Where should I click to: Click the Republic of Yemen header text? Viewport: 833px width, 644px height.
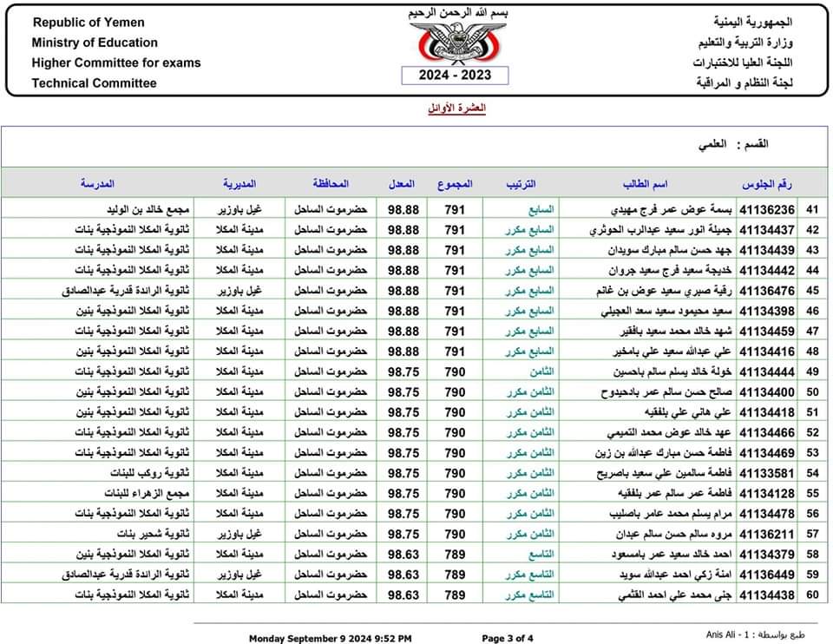pyautogui.click(x=88, y=23)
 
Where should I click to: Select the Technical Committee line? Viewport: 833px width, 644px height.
pyautogui.click(x=94, y=83)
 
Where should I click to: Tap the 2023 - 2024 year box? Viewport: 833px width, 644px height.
pyautogui.click(x=456, y=76)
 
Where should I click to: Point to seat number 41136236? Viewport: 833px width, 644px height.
pyautogui.click(x=767, y=209)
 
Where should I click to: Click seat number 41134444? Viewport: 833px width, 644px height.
pyautogui.click(x=767, y=372)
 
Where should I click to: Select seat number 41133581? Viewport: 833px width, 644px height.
pyautogui.click(x=767, y=473)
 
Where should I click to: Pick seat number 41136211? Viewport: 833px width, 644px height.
pyautogui.click(x=767, y=534)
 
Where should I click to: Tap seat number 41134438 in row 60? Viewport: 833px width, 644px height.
pyautogui.click(x=767, y=595)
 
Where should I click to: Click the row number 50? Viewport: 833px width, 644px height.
pyautogui.click(x=813, y=392)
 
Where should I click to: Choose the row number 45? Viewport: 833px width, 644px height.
pyautogui.click(x=813, y=291)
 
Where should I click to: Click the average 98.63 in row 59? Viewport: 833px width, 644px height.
pyautogui.click(x=403, y=575)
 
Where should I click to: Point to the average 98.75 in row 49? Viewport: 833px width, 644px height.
pyautogui.click(x=403, y=372)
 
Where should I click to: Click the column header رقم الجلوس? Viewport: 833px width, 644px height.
pyautogui.click(x=767, y=184)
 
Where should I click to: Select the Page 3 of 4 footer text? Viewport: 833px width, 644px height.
pyautogui.click(x=508, y=639)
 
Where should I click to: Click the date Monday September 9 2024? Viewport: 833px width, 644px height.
pyautogui.click(x=331, y=639)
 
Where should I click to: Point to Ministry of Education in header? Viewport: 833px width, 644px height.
pyautogui.click(x=95, y=43)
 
